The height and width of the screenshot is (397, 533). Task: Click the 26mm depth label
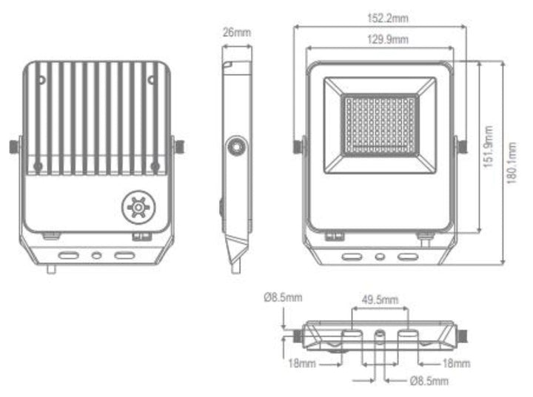click(237, 33)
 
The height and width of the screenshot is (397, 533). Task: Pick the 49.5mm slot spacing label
click(379, 300)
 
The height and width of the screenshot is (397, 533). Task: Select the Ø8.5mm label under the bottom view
click(429, 381)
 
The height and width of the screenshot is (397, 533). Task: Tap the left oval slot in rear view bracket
click(70, 255)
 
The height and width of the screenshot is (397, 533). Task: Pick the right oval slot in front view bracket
click(406, 259)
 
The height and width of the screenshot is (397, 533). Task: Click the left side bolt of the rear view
click(14, 146)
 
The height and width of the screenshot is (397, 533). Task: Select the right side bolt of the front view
click(462, 146)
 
